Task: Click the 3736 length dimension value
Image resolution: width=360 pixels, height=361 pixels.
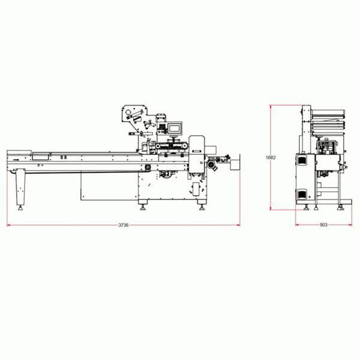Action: click(123, 225)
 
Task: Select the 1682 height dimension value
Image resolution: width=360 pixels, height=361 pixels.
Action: click(271, 158)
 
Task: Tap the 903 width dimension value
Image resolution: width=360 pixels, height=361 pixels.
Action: click(323, 225)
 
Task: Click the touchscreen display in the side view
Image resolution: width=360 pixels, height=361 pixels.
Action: click(175, 128)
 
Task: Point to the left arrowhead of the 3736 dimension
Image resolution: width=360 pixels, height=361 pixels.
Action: click(9, 225)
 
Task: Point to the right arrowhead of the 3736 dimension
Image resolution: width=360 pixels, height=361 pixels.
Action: click(238, 225)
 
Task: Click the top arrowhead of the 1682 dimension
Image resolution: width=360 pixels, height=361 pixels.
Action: click(271, 107)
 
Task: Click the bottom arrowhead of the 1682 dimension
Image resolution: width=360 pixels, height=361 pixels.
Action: click(271, 208)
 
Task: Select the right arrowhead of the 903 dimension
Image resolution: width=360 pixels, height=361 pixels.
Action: click(350, 225)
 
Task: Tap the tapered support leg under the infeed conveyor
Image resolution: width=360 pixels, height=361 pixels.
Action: click(20, 187)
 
